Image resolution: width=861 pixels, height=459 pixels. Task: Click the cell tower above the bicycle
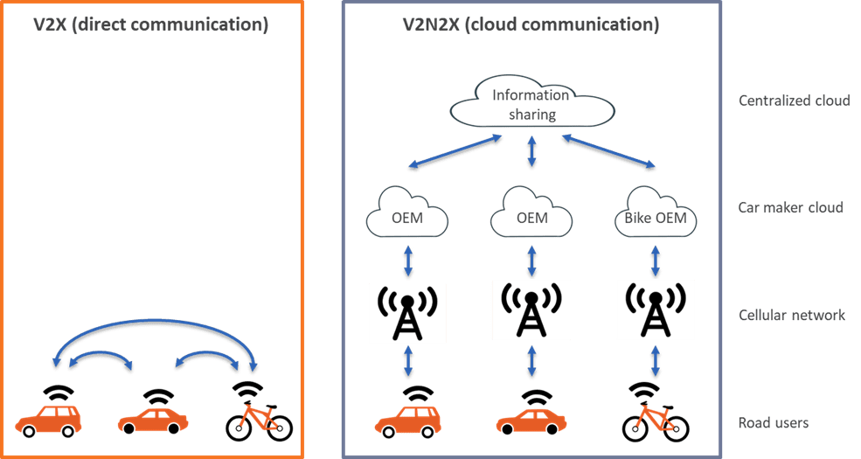point(656,311)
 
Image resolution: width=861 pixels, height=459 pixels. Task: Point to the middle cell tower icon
point(531,309)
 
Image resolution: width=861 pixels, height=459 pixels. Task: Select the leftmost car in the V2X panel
point(50,418)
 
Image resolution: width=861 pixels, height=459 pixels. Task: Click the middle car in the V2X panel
point(154,419)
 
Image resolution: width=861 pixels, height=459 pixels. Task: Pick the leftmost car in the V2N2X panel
point(408,419)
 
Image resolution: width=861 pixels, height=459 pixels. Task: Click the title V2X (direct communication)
point(151,25)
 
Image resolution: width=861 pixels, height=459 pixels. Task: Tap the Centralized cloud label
point(794,101)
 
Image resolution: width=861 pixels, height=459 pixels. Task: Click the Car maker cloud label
point(788,208)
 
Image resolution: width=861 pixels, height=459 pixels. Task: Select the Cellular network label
point(792,315)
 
